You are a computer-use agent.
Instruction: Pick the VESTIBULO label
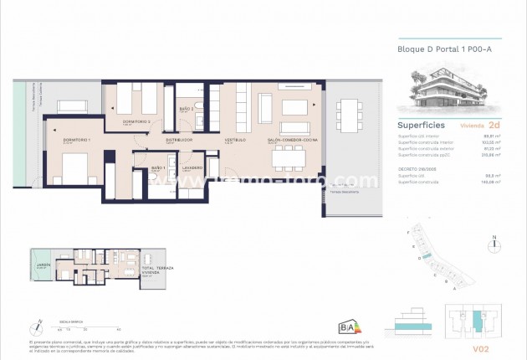[x=233, y=140]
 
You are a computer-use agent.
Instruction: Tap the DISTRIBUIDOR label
[x=179, y=140]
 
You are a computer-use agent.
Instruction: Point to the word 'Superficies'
[x=421, y=124]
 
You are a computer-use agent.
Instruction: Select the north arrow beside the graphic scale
[x=37, y=327]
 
